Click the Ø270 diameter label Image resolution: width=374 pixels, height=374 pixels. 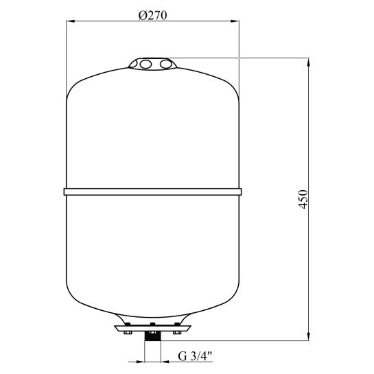pyautogui.click(x=152, y=16)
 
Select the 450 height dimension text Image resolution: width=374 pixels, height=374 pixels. pyautogui.click(x=303, y=200)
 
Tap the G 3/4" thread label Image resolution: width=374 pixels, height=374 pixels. pyautogui.click(x=195, y=357)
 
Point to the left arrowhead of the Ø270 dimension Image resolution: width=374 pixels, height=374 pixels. pyautogui.click(x=71, y=21)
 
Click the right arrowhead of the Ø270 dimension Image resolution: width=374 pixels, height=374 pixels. pyautogui.click(x=235, y=21)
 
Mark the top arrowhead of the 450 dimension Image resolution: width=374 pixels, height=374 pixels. pyautogui.click(x=309, y=62)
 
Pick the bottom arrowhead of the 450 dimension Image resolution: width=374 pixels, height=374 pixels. pyautogui.click(x=309, y=336)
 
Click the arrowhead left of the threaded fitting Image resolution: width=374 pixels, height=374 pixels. pyautogui.click(x=140, y=362)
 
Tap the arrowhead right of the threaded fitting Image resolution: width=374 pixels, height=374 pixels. pyautogui.click(x=165, y=362)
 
